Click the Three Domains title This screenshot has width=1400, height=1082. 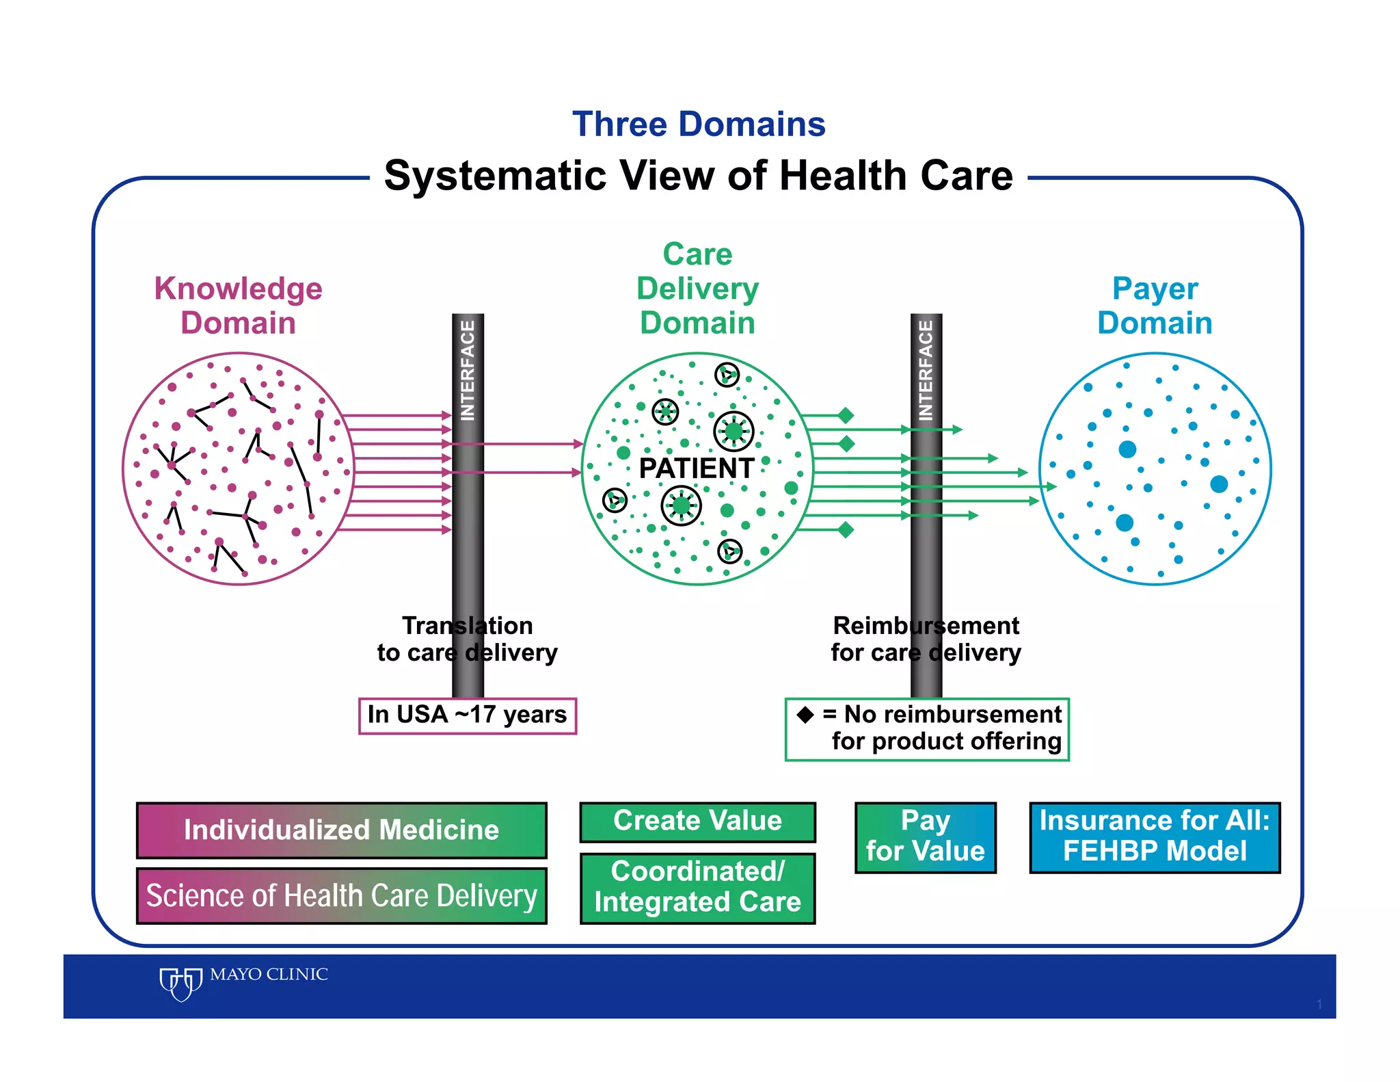point(699,124)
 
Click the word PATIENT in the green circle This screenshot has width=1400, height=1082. point(696,469)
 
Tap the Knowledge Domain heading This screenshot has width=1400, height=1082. point(238,305)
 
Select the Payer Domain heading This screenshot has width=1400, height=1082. point(1155,305)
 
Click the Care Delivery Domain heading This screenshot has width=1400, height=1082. point(697,288)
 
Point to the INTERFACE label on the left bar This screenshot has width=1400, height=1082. point(468,370)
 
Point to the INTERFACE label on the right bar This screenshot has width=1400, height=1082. point(926,370)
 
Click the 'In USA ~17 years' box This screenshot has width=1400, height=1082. point(468,715)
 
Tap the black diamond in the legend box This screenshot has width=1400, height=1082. point(805,715)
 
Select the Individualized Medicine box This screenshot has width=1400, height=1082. point(341,830)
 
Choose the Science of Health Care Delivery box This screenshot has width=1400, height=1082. point(341,896)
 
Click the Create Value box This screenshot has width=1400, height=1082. point(697,821)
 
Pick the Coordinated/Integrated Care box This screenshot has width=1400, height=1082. point(697,888)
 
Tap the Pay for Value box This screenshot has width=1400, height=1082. point(925,837)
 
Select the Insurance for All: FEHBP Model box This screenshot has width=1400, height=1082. point(1155,837)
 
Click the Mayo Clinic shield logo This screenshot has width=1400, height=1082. point(180,984)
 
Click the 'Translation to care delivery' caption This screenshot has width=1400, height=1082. point(468,639)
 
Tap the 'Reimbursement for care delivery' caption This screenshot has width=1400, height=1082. point(926,639)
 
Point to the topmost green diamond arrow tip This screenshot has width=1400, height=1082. point(846,415)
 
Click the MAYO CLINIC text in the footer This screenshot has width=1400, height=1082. point(269,974)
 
